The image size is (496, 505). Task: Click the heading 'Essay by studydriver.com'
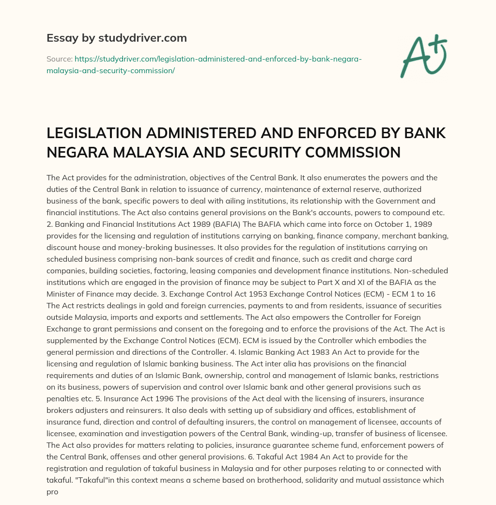(x=117, y=37)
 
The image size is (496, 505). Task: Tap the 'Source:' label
(x=59, y=59)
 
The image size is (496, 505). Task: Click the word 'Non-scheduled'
(x=423, y=269)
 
